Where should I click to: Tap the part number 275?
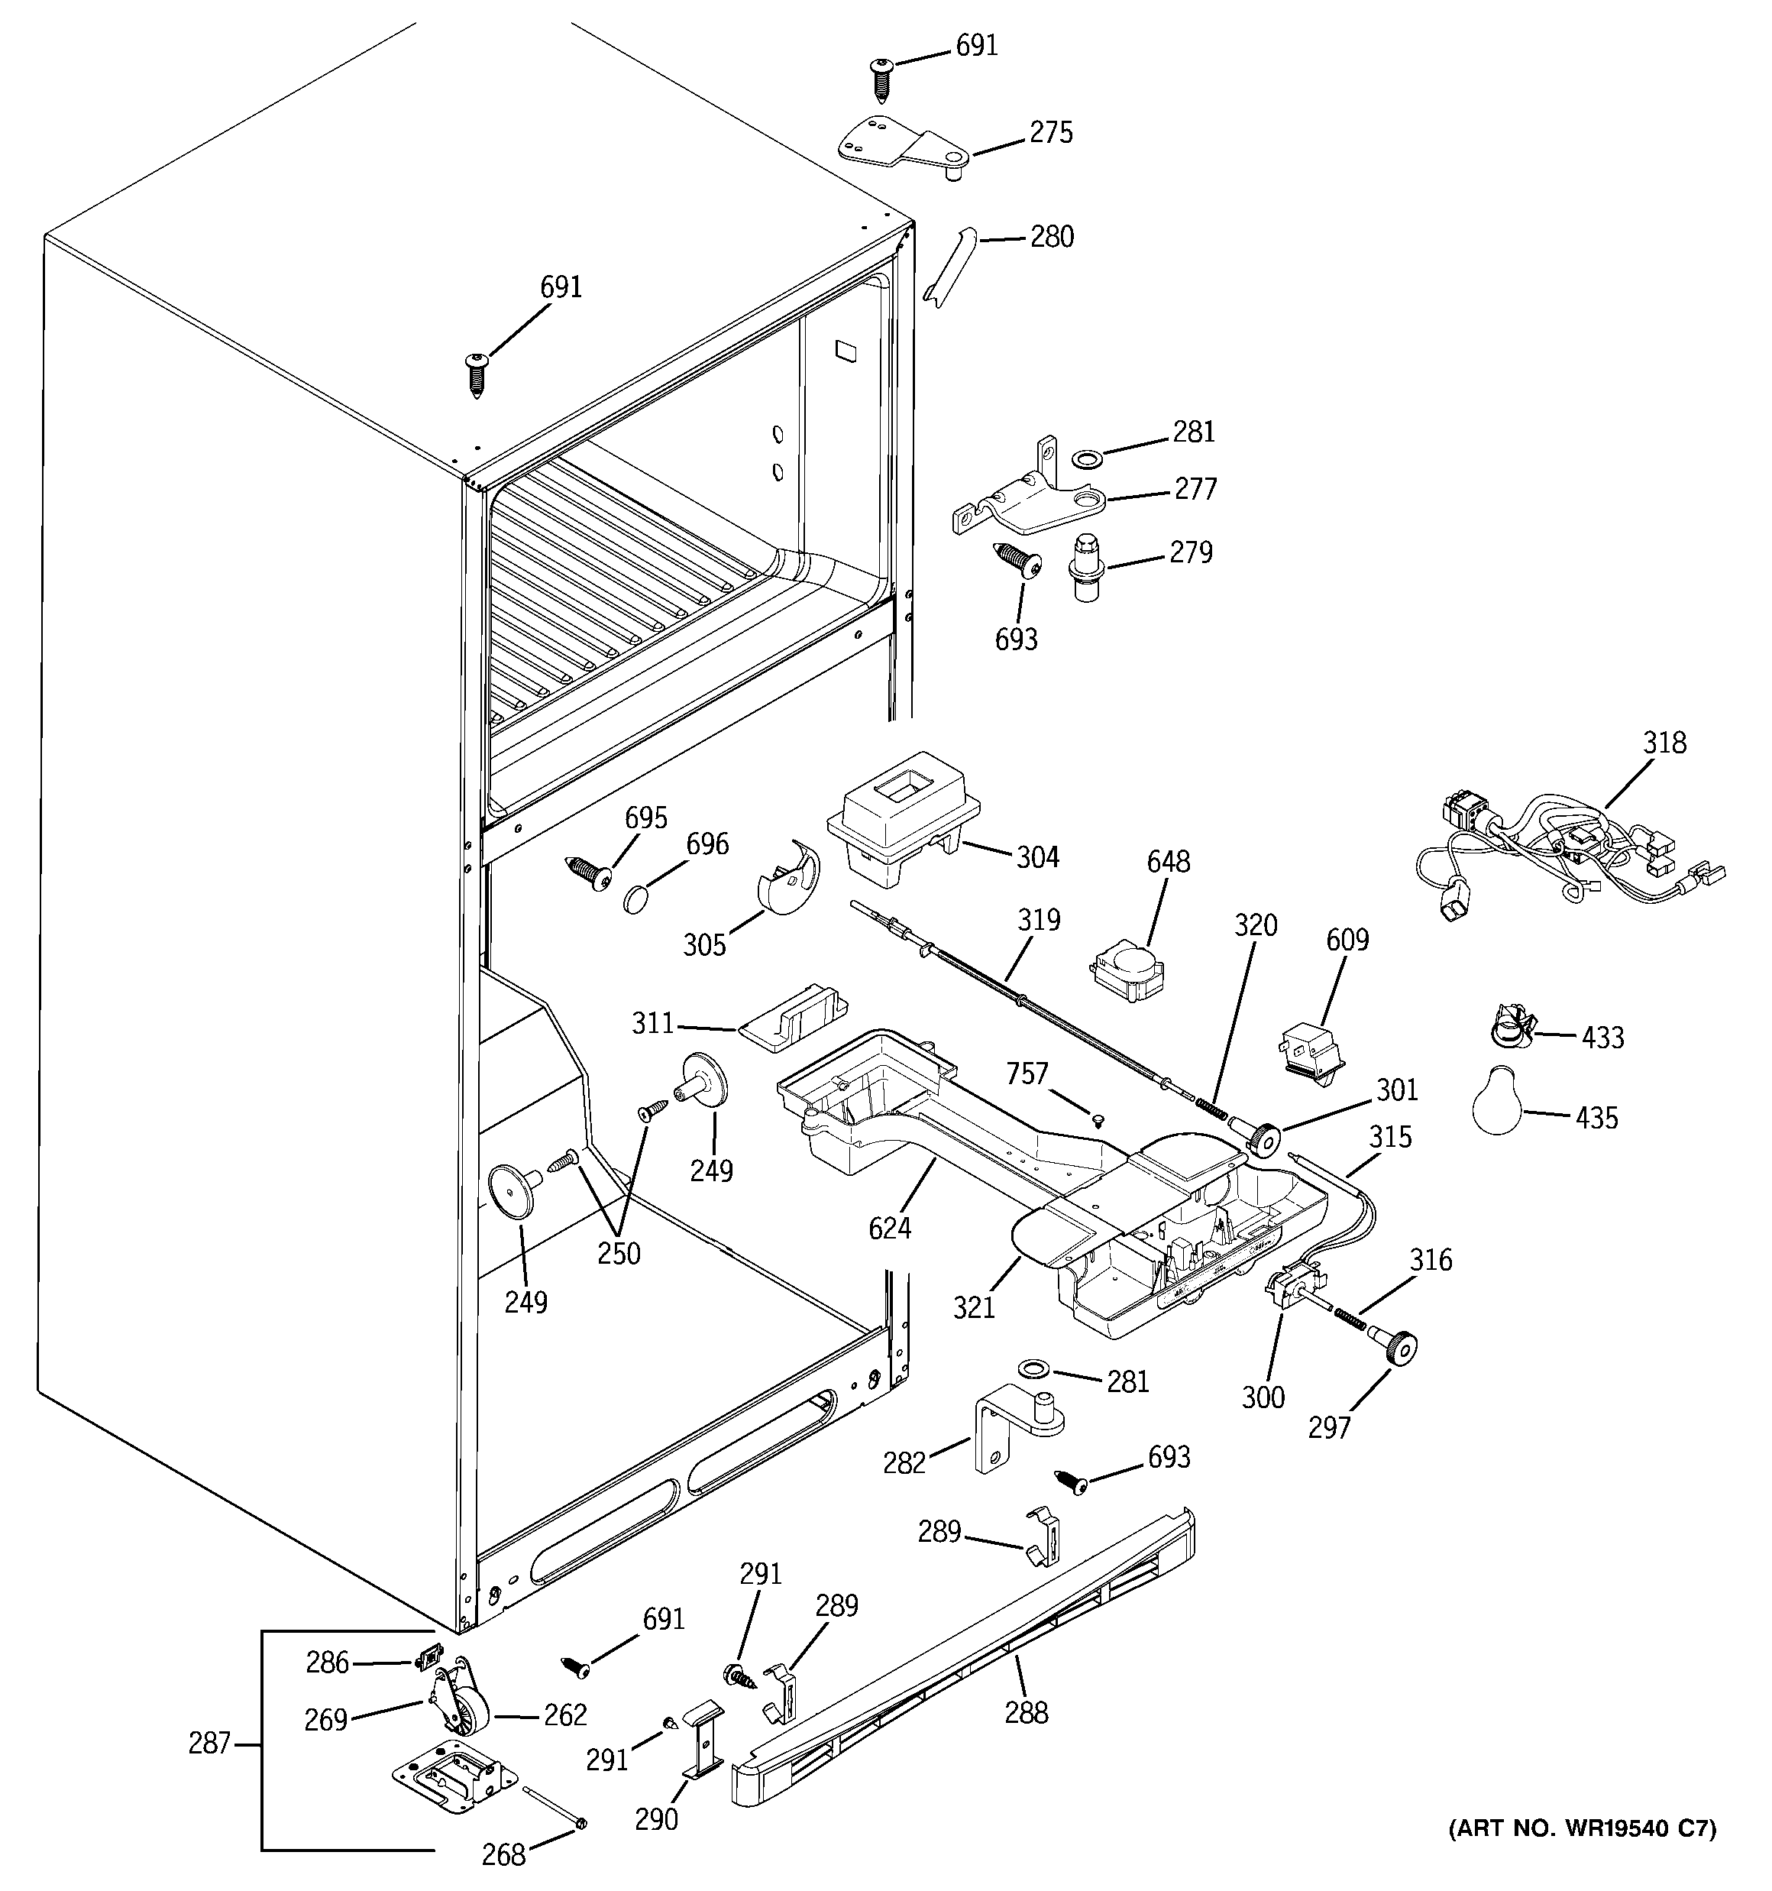[1051, 132]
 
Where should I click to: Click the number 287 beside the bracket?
[209, 1743]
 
